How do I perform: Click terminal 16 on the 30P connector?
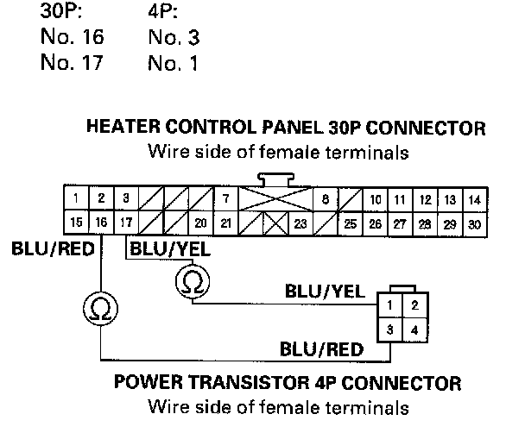coord(101,223)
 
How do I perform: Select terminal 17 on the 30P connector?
coord(126,223)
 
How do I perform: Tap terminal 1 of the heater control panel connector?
coord(77,199)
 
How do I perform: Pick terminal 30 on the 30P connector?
coord(474,223)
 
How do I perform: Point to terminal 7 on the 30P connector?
coord(225,199)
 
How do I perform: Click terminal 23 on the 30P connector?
coord(300,223)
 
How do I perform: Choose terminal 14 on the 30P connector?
coord(474,199)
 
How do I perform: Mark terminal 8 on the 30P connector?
coord(325,199)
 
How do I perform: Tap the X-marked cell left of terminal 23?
coord(275,223)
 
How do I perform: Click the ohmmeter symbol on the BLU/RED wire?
coord(101,308)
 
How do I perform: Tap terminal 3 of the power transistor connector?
coord(391,328)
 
